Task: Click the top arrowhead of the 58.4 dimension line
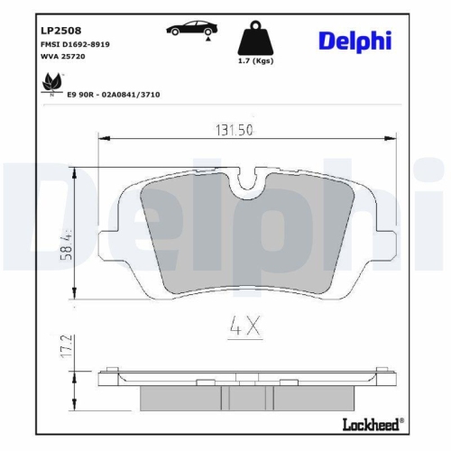78,172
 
